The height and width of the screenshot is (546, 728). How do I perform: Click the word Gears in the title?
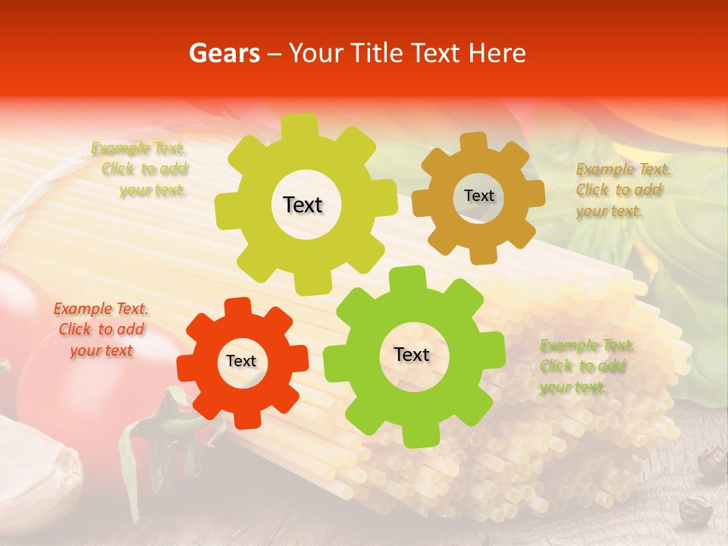pos(223,53)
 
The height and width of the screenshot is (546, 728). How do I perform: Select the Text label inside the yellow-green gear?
pos(303,205)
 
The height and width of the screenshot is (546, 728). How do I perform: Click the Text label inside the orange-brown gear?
pos(479,196)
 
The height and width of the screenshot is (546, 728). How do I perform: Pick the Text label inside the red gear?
pos(241,361)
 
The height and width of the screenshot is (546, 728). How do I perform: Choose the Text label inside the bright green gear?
pos(412,354)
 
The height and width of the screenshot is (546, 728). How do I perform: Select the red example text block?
pos(101,330)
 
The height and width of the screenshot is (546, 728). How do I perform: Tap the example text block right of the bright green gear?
pos(585,366)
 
